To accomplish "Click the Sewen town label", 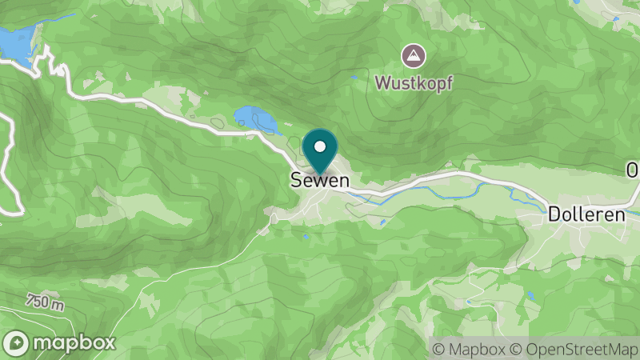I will pyautogui.click(x=319, y=181).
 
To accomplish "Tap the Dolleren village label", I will pyautogui.click(x=586, y=215).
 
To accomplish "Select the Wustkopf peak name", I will pyautogui.click(x=414, y=82).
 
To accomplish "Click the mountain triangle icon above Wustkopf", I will pyautogui.click(x=414, y=56).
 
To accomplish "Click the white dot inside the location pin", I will pyautogui.click(x=321, y=146).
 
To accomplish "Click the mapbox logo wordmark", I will pyautogui.click(x=74, y=342).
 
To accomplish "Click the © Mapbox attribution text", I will pyautogui.click(x=470, y=349).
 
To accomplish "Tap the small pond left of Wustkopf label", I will pyautogui.click(x=353, y=78).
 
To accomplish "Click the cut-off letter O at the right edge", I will pyautogui.click(x=633, y=170).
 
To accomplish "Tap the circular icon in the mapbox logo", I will pyautogui.click(x=17, y=342).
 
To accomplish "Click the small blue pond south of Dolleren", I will pyautogui.click(x=530, y=295).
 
